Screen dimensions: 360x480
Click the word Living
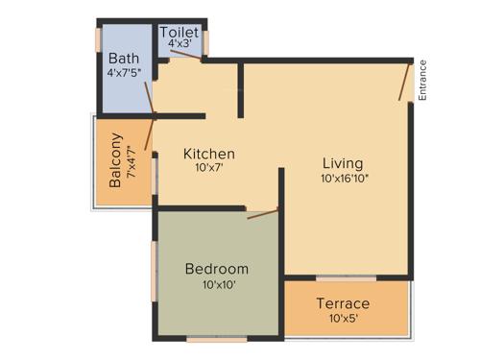(x=343, y=162)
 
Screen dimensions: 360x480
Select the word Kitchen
(x=209, y=154)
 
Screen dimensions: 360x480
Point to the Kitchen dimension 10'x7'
(x=209, y=168)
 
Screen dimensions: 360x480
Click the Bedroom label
(x=217, y=269)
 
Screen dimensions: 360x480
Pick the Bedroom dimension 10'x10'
(x=217, y=284)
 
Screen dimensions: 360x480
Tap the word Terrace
(x=343, y=303)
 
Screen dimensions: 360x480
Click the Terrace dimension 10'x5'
(x=343, y=319)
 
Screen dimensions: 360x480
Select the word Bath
(x=124, y=58)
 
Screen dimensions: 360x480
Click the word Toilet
(x=180, y=32)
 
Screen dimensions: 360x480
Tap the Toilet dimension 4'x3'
(x=180, y=44)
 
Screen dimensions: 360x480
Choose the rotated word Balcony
(x=115, y=160)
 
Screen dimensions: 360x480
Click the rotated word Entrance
(x=423, y=80)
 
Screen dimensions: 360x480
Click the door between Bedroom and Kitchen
(x=262, y=212)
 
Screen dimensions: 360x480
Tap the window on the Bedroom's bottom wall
(x=217, y=338)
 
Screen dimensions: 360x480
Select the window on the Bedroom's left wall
(x=155, y=271)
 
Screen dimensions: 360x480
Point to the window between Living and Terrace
(x=346, y=278)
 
